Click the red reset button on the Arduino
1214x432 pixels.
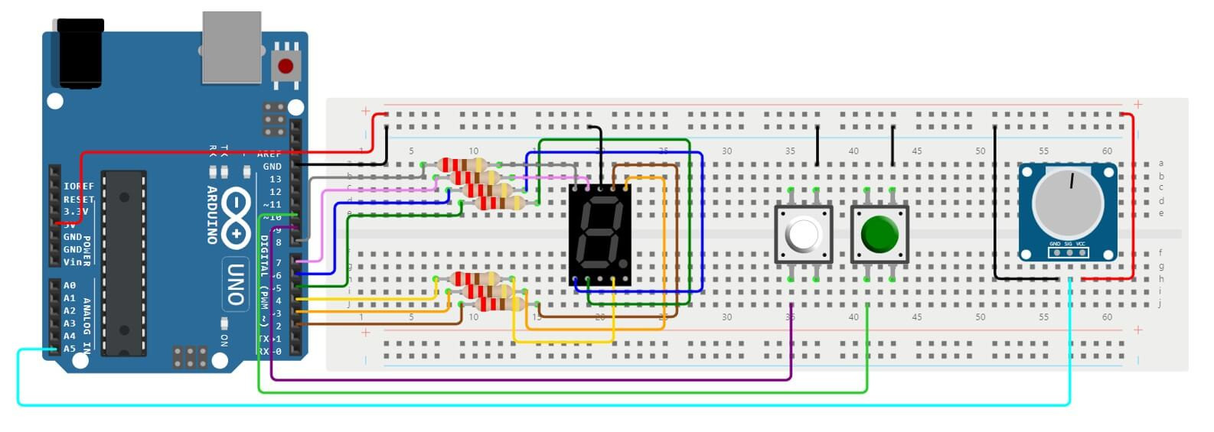pos(286,66)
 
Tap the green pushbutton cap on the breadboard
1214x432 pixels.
pos(879,234)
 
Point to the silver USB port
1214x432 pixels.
pos(231,47)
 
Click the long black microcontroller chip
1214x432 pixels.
pos(124,263)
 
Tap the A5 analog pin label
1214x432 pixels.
pos(70,349)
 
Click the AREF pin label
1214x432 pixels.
pos(269,154)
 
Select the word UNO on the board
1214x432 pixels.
pos(236,284)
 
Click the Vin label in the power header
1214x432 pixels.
pos(73,262)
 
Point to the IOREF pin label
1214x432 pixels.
pos(78,186)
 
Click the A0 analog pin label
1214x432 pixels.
pos(70,285)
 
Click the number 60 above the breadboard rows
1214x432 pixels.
pos(1107,151)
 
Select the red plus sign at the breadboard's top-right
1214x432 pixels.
pos(1138,104)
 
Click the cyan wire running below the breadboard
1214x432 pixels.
pos(536,404)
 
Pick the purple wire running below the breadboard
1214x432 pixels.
pos(536,379)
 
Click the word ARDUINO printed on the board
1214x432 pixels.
pos(213,215)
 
